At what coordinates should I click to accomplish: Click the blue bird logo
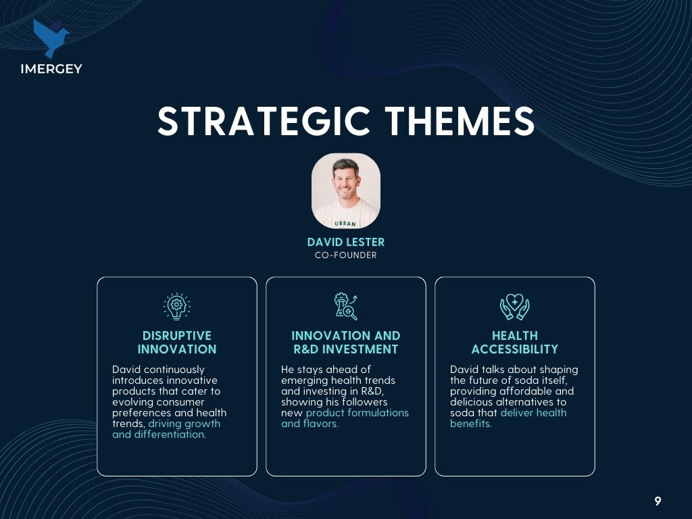tap(51, 39)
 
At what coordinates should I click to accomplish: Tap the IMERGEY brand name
tap(51, 69)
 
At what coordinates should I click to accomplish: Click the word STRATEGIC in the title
tap(264, 121)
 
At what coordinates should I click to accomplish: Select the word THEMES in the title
tap(460, 121)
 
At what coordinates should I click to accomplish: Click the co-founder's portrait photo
tap(345, 191)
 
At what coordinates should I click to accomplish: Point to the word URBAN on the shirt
tap(345, 223)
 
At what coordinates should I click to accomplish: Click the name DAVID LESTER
tap(345, 242)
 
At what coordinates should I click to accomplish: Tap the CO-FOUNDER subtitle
tap(345, 255)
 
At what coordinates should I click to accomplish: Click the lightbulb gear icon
tap(176, 306)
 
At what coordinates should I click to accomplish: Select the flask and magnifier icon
tap(345, 306)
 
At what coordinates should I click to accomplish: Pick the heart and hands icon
tap(514, 307)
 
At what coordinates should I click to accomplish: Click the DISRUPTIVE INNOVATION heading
tap(177, 342)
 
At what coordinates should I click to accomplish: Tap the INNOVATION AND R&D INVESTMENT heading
tap(345, 342)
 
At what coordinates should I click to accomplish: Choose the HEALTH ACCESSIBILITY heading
tap(514, 342)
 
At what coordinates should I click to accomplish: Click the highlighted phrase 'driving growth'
tap(184, 424)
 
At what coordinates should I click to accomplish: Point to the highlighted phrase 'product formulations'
tap(357, 413)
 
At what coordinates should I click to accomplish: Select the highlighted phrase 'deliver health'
tap(533, 413)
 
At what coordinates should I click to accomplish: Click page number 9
tap(658, 501)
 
